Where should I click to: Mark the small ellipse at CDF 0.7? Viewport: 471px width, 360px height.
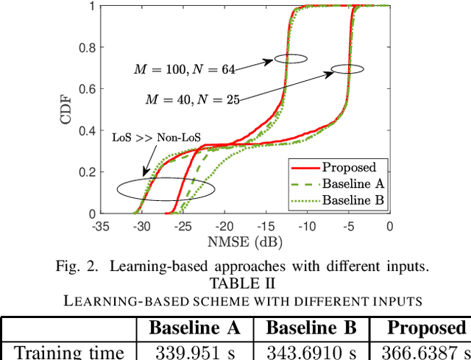(347, 69)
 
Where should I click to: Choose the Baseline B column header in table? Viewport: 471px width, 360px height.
(311, 328)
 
